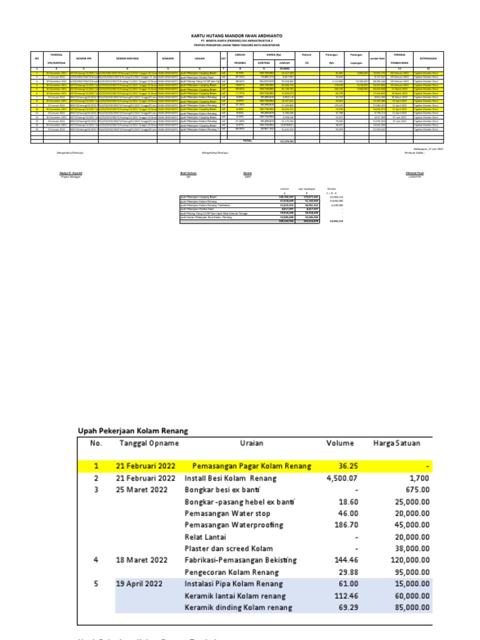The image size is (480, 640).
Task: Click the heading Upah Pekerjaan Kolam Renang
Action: (132, 431)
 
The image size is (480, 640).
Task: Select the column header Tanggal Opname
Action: (149, 444)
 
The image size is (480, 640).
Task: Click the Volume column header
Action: (339, 444)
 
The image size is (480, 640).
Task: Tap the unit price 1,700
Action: (420, 478)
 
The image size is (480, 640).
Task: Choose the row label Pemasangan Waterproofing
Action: (234, 525)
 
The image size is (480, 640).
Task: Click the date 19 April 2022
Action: (140, 584)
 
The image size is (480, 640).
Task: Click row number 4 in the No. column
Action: (96, 560)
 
